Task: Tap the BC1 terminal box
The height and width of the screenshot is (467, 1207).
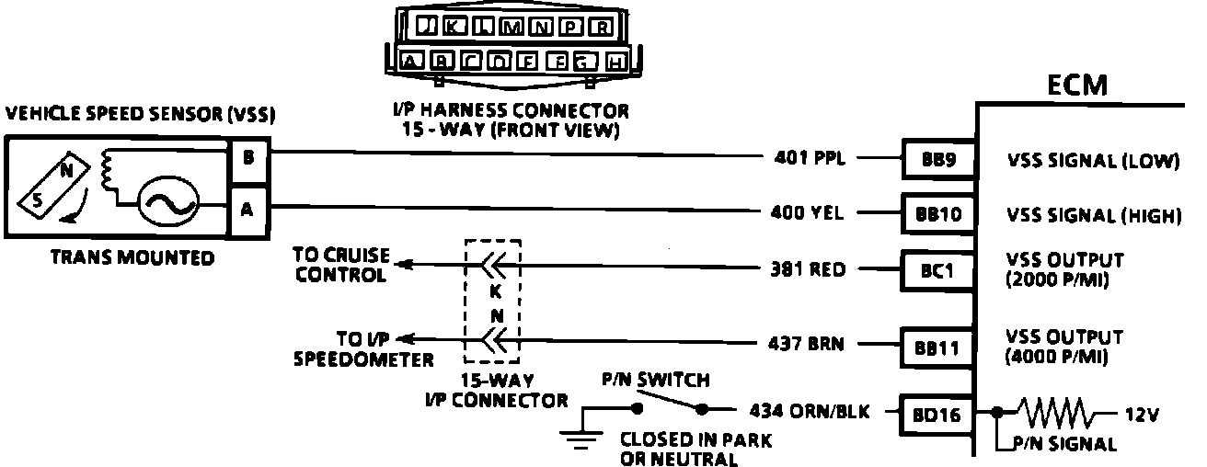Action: point(933,271)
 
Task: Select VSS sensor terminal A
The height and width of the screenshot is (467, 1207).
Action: point(247,208)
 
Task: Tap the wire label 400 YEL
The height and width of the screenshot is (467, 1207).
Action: point(808,214)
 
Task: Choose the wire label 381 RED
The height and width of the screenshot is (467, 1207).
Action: point(808,270)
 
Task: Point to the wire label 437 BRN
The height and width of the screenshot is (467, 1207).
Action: point(806,346)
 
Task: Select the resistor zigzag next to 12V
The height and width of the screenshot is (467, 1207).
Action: point(1054,414)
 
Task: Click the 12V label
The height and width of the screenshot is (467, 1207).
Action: point(1139,415)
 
